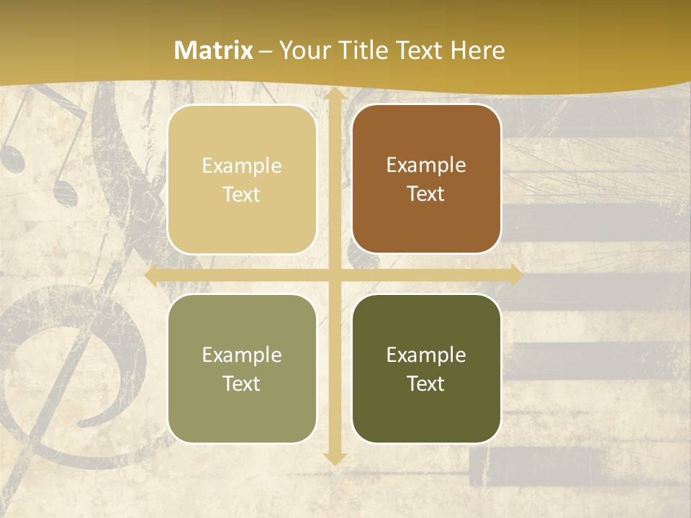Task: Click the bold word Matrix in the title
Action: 214,50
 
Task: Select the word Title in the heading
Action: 364,50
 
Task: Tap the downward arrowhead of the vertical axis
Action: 334,458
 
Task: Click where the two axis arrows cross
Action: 334,276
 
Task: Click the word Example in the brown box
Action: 426,165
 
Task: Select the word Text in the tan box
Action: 242,195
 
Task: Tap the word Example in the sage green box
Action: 242,355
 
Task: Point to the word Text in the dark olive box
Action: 426,384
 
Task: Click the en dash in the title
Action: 266,51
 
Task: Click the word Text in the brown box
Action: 426,194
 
